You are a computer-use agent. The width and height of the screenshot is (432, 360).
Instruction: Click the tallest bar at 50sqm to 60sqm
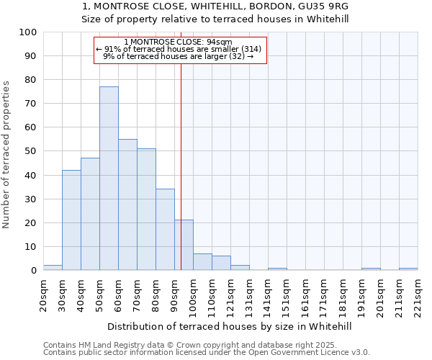109,178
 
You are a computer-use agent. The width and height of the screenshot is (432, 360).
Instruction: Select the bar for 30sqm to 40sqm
71,220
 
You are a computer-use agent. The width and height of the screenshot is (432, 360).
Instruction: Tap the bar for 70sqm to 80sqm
146,209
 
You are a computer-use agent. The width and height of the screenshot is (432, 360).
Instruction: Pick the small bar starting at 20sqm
53,268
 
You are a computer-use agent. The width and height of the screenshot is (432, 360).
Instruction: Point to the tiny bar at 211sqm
408,269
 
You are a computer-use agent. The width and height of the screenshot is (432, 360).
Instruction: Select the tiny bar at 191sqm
371,269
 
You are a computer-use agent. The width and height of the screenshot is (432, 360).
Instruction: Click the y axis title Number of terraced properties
7,154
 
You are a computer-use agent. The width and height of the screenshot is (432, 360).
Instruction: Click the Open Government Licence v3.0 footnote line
207,352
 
